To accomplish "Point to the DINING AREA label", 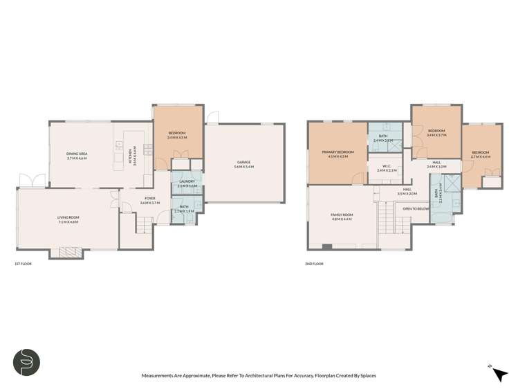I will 77,156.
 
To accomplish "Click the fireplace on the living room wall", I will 68,253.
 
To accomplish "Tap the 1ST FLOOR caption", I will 23,264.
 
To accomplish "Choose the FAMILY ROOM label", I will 342,217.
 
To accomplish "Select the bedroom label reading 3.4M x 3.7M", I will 436,133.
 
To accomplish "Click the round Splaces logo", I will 26,362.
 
